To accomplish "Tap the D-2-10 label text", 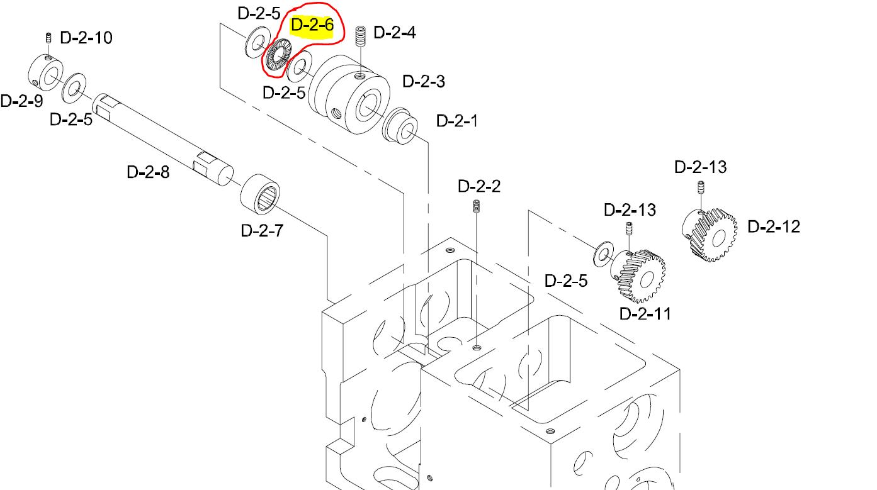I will point(86,38).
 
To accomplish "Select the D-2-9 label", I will point(21,101).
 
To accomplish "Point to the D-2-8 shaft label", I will point(148,171).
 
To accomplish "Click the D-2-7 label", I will point(262,230).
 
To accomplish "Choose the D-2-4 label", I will point(395,32).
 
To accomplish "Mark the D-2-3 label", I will point(424,81).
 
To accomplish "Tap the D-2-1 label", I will point(457,121).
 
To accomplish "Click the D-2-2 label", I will point(479,186).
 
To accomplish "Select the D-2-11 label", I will point(645,313).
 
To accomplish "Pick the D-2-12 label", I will point(774,226).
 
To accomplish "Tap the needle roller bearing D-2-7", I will point(261,193).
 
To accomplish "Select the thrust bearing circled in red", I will point(277,55).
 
